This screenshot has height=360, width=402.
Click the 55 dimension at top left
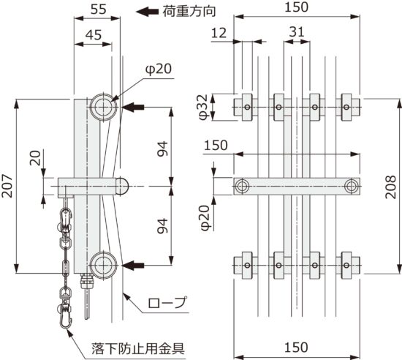coord(92,10)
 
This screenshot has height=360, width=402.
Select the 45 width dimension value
coord(92,34)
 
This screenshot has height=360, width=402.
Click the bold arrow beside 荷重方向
coord(151,11)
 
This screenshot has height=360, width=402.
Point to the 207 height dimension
coord(10,186)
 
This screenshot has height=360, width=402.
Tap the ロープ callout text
coord(167,301)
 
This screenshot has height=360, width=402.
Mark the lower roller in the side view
coord(103,263)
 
